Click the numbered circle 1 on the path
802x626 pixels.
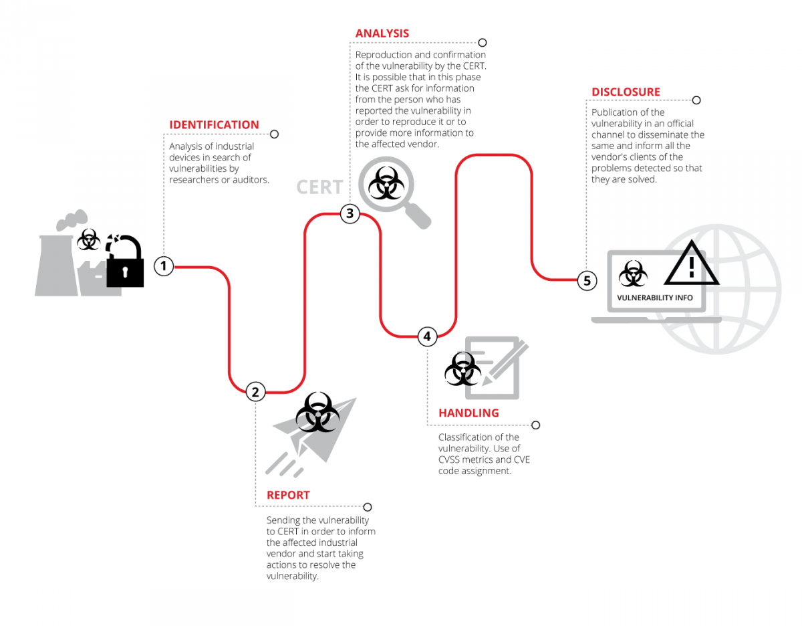click(x=164, y=266)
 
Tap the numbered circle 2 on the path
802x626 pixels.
click(x=255, y=392)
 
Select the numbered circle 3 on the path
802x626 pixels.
click(x=350, y=214)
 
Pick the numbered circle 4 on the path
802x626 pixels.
click(x=428, y=336)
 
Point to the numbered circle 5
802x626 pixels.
click(x=587, y=281)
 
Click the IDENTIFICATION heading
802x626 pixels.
click(x=214, y=125)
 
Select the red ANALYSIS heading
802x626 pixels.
click(x=382, y=33)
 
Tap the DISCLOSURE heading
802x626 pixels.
click(x=626, y=92)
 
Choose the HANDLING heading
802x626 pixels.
click(x=469, y=413)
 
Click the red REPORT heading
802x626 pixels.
click(x=288, y=496)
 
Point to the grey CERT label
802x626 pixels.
click(x=319, y=187)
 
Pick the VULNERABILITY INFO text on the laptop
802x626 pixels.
click(x=655, y=298)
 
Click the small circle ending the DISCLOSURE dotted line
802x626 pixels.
click(x=696, y=100)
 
